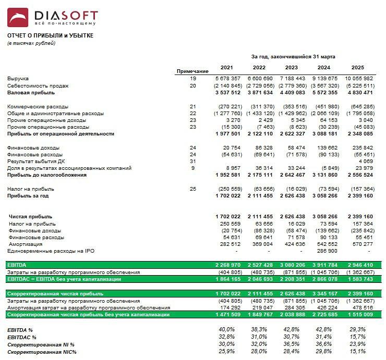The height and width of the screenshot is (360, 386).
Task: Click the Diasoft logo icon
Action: pos(18,18)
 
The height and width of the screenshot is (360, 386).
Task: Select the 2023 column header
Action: pos(291,68)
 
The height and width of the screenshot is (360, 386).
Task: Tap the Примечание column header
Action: pos(192,71)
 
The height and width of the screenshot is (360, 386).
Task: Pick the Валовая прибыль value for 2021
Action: pos(228,93)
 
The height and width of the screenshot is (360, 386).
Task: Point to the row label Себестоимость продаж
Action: pos(38,85)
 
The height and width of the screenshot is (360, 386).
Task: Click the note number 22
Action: pos(192,113)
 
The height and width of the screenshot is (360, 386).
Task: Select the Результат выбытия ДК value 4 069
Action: pos(366,162)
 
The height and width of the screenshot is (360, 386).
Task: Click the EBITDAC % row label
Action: pos(22,338)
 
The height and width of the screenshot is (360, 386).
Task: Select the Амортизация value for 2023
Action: pos(295,244)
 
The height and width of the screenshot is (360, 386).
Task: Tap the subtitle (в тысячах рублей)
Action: pos(31,43)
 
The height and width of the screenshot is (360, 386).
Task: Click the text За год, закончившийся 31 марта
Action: pos(293,56)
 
